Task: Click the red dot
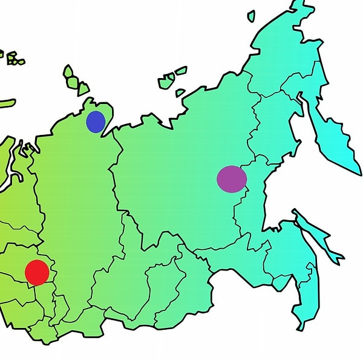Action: coord(37,272)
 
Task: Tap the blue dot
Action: coord(96,122)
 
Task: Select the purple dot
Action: coord(232,179)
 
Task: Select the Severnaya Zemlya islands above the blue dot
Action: coord(74,82)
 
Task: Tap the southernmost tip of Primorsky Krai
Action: coord(299,330)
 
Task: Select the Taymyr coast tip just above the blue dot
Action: coord(91,100)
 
